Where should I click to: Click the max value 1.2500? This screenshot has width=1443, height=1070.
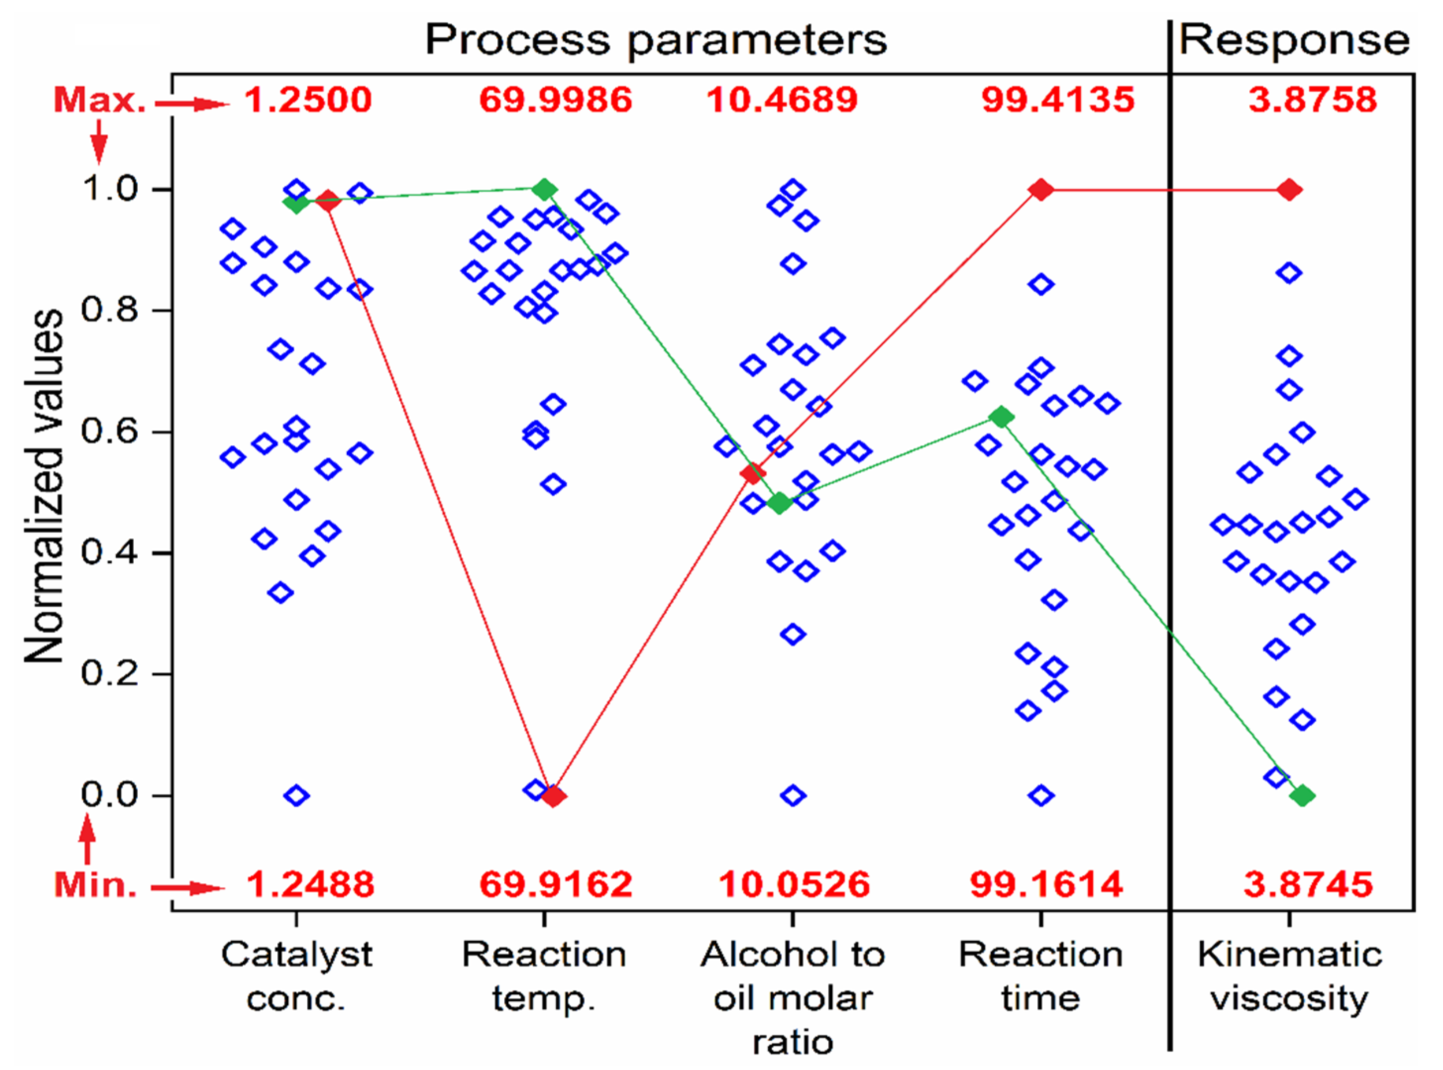[x=308, y=101]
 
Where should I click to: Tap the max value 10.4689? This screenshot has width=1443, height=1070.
[x=782, y=101]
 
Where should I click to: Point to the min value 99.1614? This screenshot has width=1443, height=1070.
[x=1046, y=884]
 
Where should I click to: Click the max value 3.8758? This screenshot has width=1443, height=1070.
[x=1312, y=101]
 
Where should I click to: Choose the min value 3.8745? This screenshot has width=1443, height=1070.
[x=1308, y=884]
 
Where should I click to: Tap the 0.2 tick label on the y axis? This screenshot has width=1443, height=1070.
[x=109, y=674]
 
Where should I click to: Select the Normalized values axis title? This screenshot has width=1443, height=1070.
[x=44, y=486]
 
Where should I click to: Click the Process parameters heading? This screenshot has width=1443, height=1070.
[x=655, y=40]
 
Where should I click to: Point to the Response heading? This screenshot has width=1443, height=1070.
[x=1294, y=40]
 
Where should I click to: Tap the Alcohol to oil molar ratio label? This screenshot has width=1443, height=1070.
[x=793, y=998]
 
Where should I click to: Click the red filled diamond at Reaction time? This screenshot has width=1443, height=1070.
[x=1041, y=190]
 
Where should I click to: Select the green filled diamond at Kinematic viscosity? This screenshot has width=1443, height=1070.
[x=1303, y=796]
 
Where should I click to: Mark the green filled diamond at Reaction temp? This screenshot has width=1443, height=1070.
[x=545, y=190]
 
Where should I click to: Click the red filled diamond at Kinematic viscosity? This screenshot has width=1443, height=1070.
[x=1289, y=190]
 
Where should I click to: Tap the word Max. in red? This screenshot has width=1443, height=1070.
[x=100, y=101]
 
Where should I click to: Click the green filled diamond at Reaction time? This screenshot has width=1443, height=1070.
[x=1001, y=417]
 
